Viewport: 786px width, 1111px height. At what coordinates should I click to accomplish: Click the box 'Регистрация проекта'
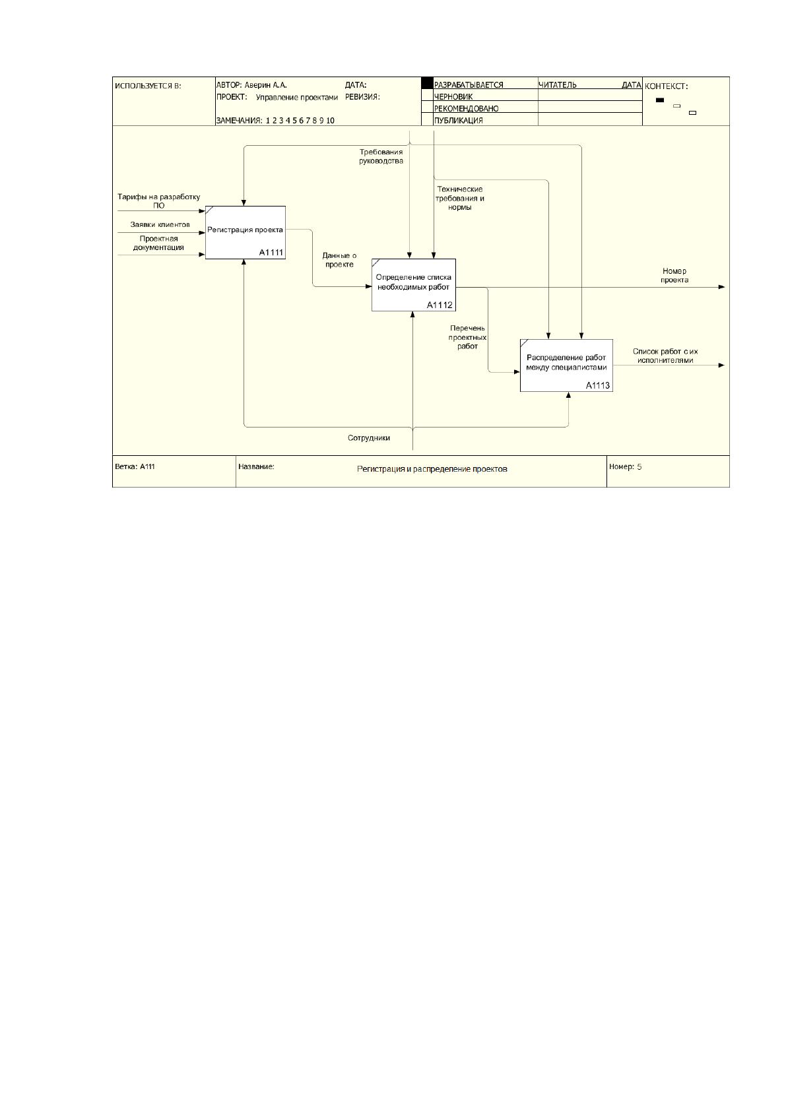coord(245,232)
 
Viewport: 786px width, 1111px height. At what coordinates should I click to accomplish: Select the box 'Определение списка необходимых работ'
coord(413,285)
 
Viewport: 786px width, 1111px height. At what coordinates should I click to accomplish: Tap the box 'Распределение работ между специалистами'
coord(566,365)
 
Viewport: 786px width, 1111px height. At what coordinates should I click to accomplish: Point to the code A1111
coord(271,253)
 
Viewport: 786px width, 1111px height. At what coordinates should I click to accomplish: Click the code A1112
coord(440,305)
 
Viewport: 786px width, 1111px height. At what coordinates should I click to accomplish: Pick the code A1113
coord(597,385)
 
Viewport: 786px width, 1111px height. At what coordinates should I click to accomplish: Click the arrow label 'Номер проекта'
coord(674,275)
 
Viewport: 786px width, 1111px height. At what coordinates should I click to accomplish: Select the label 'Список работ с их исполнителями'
coord(665,356)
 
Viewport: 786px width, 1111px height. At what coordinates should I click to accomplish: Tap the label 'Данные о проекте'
coord(339,260)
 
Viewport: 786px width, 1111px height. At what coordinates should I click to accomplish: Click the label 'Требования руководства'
coord(381,156)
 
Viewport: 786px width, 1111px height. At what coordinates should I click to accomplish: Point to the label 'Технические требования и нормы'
coord(459,198)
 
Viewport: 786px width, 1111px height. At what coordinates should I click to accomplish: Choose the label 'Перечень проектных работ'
coord(467,337)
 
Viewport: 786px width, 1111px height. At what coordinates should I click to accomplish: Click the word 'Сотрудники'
coord(369,438)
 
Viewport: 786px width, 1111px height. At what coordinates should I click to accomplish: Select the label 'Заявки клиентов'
coord(160,225)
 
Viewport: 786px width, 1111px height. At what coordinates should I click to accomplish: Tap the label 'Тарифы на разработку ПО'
coord(159,201)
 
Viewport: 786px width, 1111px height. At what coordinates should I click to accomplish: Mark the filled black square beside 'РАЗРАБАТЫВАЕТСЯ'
coord(427,83)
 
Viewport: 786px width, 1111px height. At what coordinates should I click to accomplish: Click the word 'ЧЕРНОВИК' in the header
coord(453,97)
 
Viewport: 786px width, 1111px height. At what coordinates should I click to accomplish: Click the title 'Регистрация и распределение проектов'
coord(432,468)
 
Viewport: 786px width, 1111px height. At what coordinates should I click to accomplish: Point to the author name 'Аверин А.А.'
coord(265,85)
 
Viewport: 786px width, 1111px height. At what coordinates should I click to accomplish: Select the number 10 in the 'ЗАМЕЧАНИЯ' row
coord(330,121)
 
